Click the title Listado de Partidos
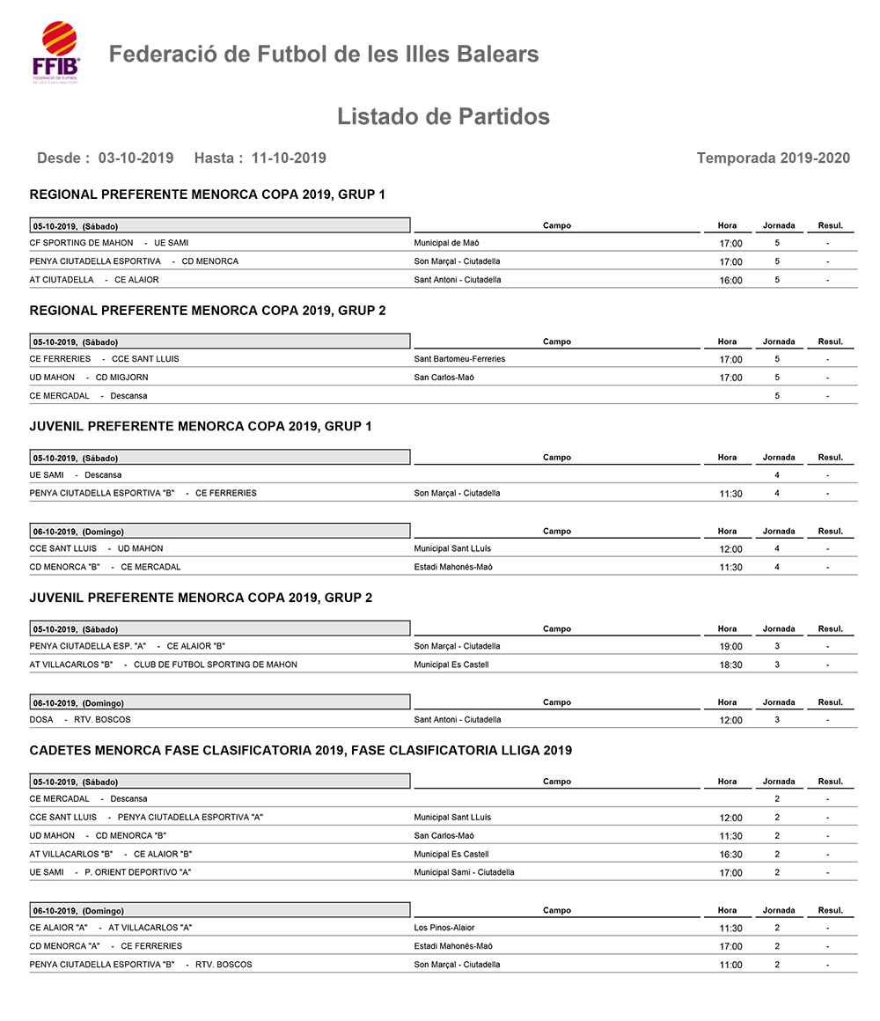pyautogui.click(x=443, y=117)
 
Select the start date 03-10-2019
pyautogui.click(x=136, y=158)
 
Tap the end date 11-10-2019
pyautogui.click(x=288, y=158)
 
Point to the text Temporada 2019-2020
pyautogui.click(x=773, y=158)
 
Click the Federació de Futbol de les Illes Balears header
pyautogui.click(x=323, y=55)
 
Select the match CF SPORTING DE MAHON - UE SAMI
pyautogui.click(x=109, y=243)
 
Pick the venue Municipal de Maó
pyautogui.click(x=446, y=243)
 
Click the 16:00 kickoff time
pyautogui.click(x=730, y=281)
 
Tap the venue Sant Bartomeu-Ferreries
pyautogui.click(x=459, y=359)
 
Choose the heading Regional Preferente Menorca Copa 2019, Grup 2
pyautogui.click(x=208, y=311)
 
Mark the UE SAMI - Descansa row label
pyautogui.click(x=76, y=475)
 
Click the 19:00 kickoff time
pyautogui.click(x=730, y=647)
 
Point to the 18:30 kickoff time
pyautogui.click(x=730, y=665)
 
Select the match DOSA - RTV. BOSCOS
pyautogui.click(x=80, y=720)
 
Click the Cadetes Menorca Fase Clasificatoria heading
pyautogui.click(x=300, y=751)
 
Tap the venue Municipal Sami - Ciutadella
pyautogui.click(x=464, y=873)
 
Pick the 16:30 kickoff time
pyautogui.click(x=730, y=855)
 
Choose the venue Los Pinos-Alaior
pyautogui.click(x=444, y=928)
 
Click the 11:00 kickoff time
pyautogui.click(x=730, y=966)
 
